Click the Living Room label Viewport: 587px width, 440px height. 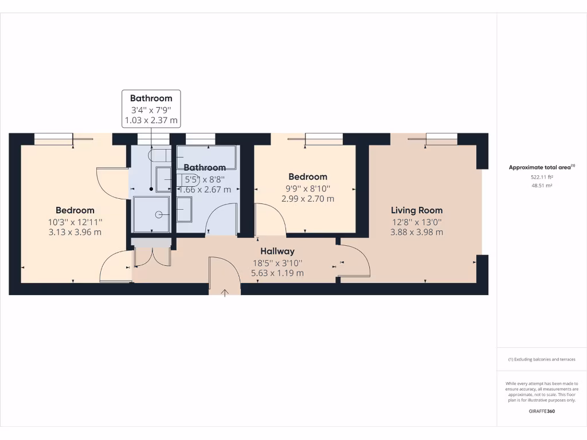coord(417,210)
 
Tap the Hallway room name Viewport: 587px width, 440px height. coord(277,251)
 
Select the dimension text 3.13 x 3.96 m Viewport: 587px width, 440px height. coord(75,232)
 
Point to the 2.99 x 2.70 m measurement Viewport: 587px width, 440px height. coord(308,199)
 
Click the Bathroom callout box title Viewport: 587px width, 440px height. coord(151,99)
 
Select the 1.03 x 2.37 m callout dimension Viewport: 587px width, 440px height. coord(151,121)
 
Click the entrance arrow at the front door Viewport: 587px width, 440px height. coord(225,293)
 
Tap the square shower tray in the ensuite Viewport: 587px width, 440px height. coord(151,214)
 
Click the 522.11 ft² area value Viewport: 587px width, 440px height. coord(541,178)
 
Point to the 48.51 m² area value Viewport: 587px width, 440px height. coord(541,186)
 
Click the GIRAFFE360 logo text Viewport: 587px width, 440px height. coord(541,411)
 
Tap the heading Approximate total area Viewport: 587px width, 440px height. coord(541,167)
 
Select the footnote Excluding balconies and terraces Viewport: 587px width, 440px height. coord(541,359)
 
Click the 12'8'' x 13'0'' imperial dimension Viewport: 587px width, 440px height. coord(417,222)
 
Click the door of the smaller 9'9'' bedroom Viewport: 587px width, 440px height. coord(269,220)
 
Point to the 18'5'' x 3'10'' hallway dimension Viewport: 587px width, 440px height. coord(277,263)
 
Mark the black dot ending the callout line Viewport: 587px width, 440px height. coord(151,188)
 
